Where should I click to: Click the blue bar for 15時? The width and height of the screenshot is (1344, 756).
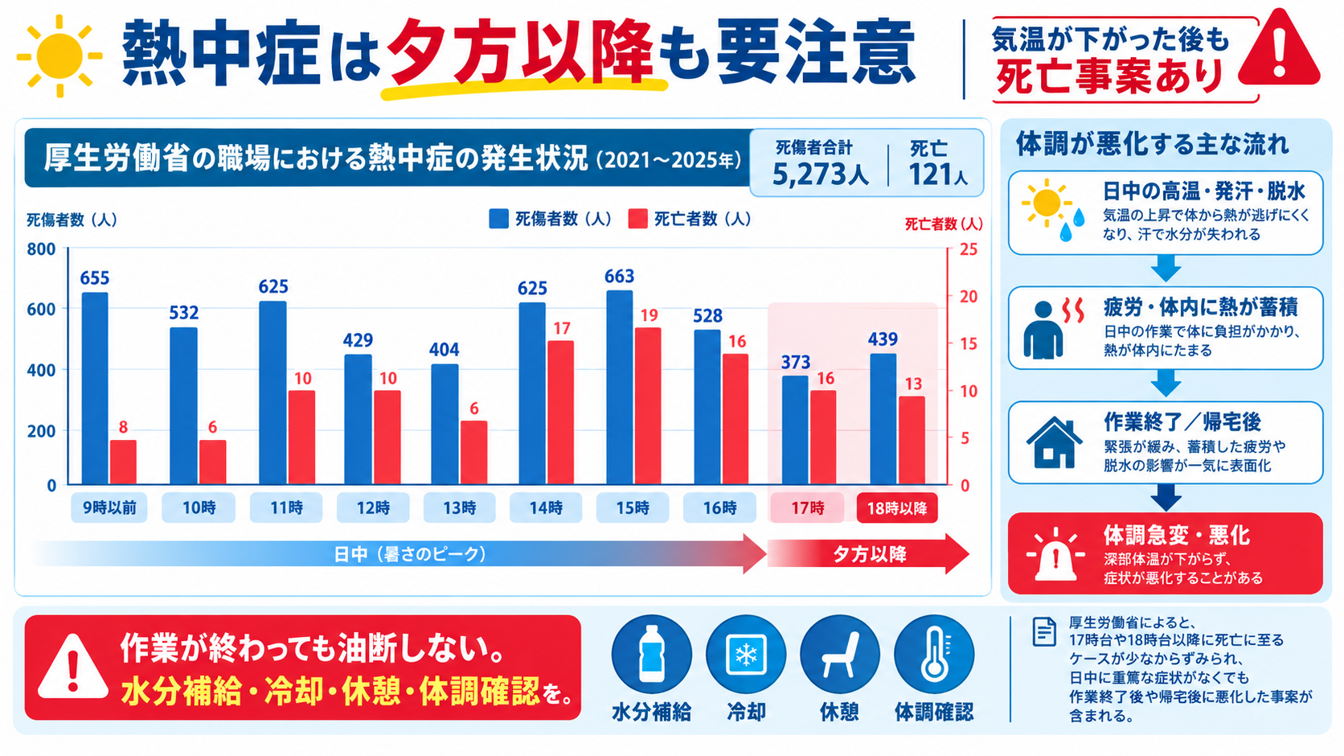620,388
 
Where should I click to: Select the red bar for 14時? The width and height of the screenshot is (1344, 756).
560,413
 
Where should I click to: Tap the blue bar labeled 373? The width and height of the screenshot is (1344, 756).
795,430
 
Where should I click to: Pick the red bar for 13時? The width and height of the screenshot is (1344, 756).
473,453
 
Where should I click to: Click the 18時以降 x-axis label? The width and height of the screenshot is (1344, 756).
897,508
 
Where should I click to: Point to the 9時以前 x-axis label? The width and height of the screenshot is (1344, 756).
109,508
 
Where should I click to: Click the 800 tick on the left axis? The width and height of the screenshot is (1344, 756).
42,249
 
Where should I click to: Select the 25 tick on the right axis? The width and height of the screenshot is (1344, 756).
969,249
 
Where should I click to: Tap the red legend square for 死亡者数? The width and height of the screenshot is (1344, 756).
637,219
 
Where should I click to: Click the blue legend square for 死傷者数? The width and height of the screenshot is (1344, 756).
498,219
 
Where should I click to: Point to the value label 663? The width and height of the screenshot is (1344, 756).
619,276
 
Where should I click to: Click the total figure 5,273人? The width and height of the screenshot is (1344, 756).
820,175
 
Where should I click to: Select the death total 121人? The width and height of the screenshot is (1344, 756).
938,175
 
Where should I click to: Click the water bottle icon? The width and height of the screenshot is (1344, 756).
652,654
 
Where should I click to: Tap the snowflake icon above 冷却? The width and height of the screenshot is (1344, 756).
746,655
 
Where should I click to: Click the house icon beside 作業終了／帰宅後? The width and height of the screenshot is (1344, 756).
1054,442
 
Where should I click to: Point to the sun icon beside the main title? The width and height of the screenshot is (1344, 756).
59,56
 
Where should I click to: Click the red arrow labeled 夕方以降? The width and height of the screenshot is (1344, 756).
868,553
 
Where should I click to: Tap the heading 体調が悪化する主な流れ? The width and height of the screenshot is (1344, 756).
1153,145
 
